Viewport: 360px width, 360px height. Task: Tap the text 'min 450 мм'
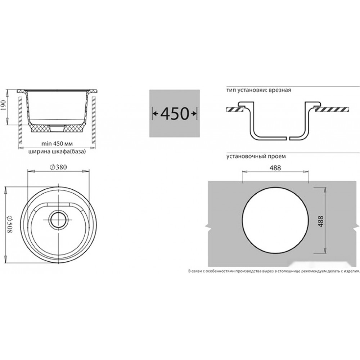(x=57, y=144)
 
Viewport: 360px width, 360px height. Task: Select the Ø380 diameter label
(x=58, y=167)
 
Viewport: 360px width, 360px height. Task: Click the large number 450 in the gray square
(x=175, y=113)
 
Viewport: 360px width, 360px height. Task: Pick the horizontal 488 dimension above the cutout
(x=275, y=168)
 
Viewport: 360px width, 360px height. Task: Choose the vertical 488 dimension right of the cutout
(x=321, y=221)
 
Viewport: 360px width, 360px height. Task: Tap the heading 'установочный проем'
(x=256, y=157)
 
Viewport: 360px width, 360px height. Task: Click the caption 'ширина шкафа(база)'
(x=57, y=152)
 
